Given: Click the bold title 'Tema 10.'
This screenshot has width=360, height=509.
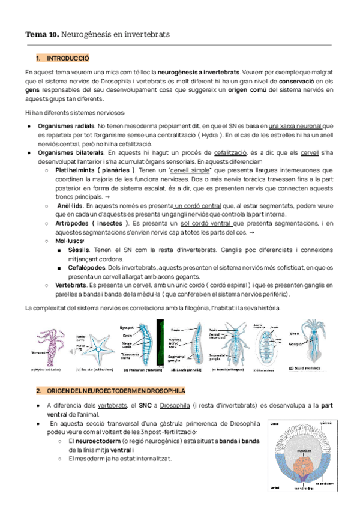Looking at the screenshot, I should click(x=42, y=35).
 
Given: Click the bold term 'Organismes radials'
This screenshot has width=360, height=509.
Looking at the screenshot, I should click(x=65, y=126).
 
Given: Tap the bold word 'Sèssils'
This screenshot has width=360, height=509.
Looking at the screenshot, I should click(x=80, y=250).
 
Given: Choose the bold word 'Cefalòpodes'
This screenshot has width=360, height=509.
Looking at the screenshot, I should click(x=89, y=267).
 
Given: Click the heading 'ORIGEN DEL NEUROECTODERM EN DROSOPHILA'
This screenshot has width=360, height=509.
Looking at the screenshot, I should click(x=112, y=391).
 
